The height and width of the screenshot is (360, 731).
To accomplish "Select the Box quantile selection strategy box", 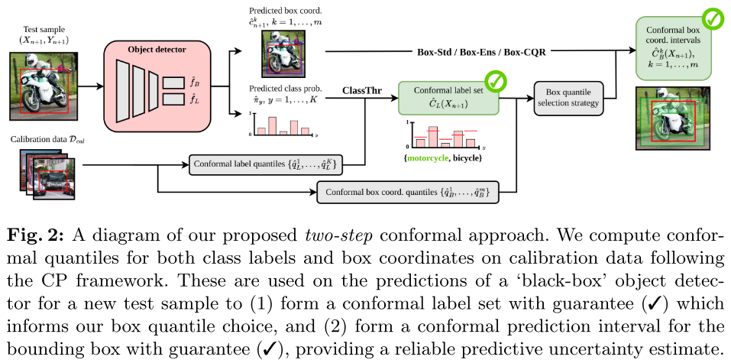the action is pos(568,98).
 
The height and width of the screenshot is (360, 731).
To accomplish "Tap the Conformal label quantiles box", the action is pos(266,164).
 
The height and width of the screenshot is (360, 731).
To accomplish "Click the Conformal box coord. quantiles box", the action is pos(407,192).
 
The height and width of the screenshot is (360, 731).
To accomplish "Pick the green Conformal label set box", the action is pos(448,98).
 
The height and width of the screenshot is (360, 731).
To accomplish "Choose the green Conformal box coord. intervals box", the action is pos(674,47).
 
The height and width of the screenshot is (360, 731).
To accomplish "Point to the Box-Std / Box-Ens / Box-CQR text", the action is pos(481,52).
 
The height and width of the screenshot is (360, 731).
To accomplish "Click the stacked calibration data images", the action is pos(47,174).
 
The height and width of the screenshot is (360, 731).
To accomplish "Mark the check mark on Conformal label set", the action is pos(496,82).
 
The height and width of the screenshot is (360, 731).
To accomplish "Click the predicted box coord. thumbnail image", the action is pos(283,54).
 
